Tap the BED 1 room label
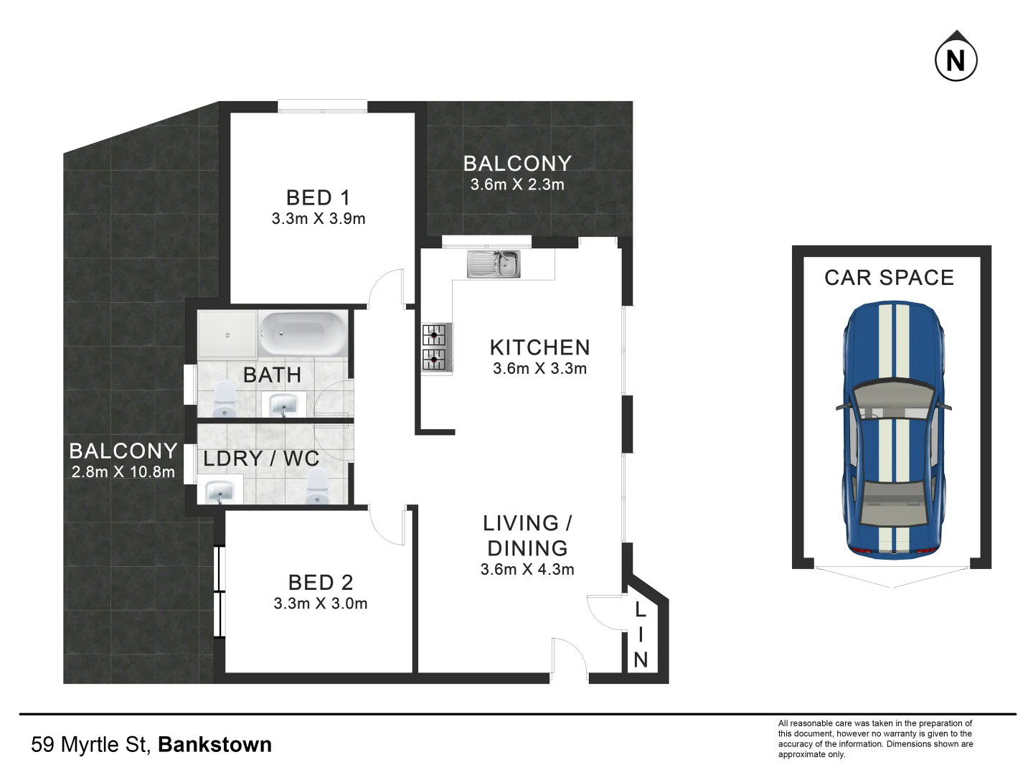tap(318, 197)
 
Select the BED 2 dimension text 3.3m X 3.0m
tap(321, 603)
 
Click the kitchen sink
tap(494, 264)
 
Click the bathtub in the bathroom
tap(303, 334)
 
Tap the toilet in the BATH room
tap(225, 399)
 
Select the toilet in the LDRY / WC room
tap(317, 487)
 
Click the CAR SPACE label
tap(889, 278)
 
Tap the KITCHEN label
tap(539, 348)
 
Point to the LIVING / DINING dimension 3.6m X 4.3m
tap(527, 569)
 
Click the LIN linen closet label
tap(641, 635)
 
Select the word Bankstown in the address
tap(215, 745)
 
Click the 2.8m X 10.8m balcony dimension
tap(123, 471)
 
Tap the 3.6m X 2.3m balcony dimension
tap(517, 184)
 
